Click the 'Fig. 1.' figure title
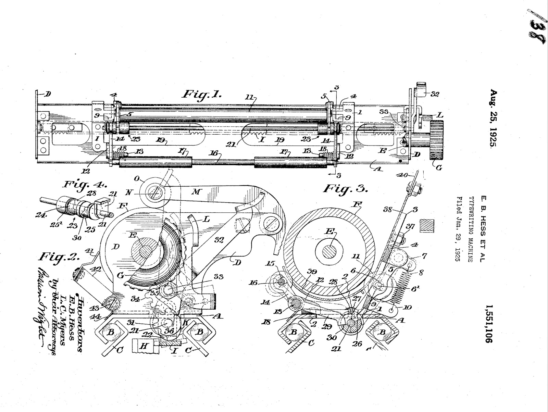coord(201,94)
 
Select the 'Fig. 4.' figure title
coord(82,185)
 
